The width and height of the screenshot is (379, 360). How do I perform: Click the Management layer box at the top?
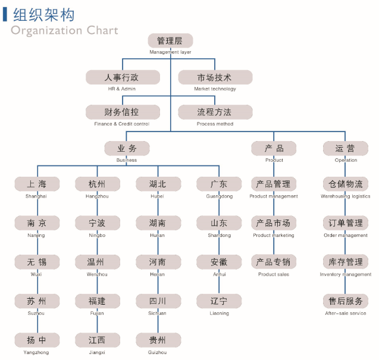point(170,41)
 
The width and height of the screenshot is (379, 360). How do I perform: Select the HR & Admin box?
point(123,77)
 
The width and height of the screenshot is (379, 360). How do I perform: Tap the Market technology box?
point(215,77)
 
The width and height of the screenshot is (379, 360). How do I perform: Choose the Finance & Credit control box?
point(123,112)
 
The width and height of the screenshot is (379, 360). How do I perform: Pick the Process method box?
point(215,112)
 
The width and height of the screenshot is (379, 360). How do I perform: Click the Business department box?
point(127,148)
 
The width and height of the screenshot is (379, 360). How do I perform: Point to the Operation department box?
point(346,148)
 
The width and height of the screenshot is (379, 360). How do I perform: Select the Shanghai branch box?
point(37,184)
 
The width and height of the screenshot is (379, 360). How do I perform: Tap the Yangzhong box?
point(37,340)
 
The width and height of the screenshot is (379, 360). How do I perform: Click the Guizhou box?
point(158,340)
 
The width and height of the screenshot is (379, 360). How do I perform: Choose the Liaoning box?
point(219,301)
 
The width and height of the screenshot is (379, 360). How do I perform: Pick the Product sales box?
point(274,262)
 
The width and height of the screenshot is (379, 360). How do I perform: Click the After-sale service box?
point(346,301)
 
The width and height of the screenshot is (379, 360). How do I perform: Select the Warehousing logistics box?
point(346,184)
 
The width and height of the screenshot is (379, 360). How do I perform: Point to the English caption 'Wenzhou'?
point(97,274)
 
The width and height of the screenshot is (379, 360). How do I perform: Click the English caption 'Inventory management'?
point(346,274)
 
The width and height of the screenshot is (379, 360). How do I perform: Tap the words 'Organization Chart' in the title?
point(64,30)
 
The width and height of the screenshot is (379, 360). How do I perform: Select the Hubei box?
point(158,184)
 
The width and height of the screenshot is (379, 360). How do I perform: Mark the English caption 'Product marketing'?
point(274,235)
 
